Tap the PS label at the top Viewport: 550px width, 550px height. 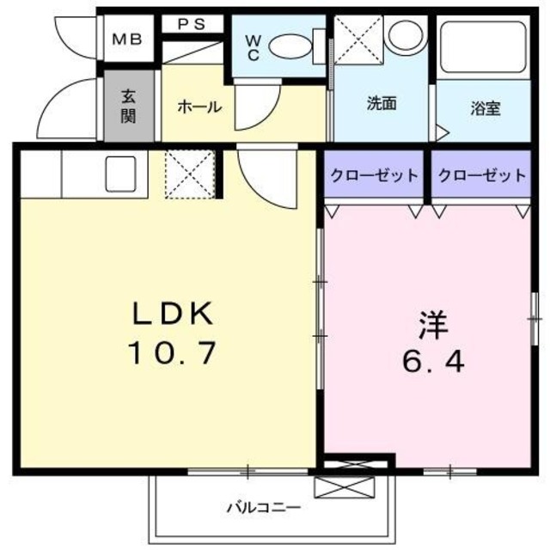pyautogui.click(x=192, y=24)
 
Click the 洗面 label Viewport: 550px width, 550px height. pyautogui.click(x=382, y=105)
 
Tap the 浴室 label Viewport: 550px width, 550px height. pyautogui.click(x=486, y=109)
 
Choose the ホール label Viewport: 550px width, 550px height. pyautogui.click(x=199, y=107)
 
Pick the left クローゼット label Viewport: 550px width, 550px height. pyautogui.click(x=376, y=175)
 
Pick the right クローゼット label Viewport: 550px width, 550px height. pyautogui.click(x=481, y=175)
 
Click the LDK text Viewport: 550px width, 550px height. pyautogui.click(x=170, y=315)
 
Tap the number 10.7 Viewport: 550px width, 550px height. pyautogui.click(x=171, y=352)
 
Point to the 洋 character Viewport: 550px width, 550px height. pyautogui.click(x=432, y=323)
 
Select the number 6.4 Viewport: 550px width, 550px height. pyautogui.click(x=432, y=361)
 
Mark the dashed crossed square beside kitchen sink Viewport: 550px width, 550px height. pyautogui.click(x=188, y=174)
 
